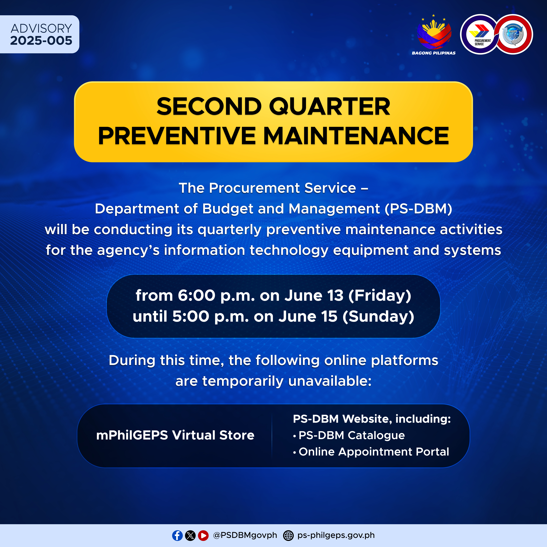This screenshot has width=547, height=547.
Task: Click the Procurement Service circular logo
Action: (x=480, y=34)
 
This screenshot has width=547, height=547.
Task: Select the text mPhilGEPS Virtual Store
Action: (x=175, y=435)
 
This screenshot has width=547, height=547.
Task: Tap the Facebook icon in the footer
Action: (x=177, y=535)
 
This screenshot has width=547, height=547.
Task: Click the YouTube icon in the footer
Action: (x=203, y=535)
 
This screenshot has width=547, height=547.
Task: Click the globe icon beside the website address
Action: (x=288, y=535)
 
